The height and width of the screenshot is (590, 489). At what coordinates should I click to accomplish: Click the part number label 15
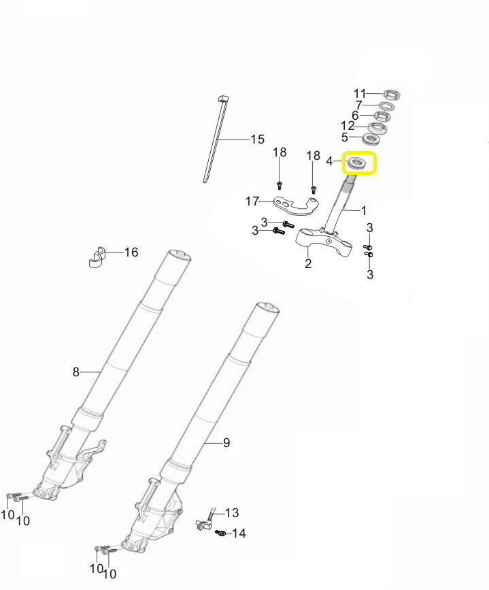pos(258,140)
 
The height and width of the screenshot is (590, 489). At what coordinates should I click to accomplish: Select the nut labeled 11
pos(392,94)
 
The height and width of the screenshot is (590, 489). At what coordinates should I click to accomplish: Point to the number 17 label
pos(252,201)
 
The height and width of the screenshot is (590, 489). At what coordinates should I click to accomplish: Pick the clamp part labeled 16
pos(97,257)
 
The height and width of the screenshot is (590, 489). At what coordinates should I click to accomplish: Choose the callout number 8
pos(76,372)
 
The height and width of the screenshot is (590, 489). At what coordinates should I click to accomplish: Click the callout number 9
pos(226,442)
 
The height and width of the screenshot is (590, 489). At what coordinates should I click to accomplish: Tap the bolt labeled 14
pos(221,533)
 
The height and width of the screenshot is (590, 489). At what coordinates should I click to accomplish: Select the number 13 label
pos(232,512)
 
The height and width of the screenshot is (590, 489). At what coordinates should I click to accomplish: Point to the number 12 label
pos(348,126)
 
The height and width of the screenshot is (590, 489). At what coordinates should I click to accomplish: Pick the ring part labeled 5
pos(371,140)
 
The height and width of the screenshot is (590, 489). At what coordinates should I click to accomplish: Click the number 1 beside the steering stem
pos(363,210)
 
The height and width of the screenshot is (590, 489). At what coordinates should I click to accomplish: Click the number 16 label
pos(131,252)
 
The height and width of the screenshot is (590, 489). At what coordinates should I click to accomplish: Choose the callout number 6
pos(355,116)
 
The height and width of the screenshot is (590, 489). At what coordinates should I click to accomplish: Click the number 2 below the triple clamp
pos(308,264)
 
